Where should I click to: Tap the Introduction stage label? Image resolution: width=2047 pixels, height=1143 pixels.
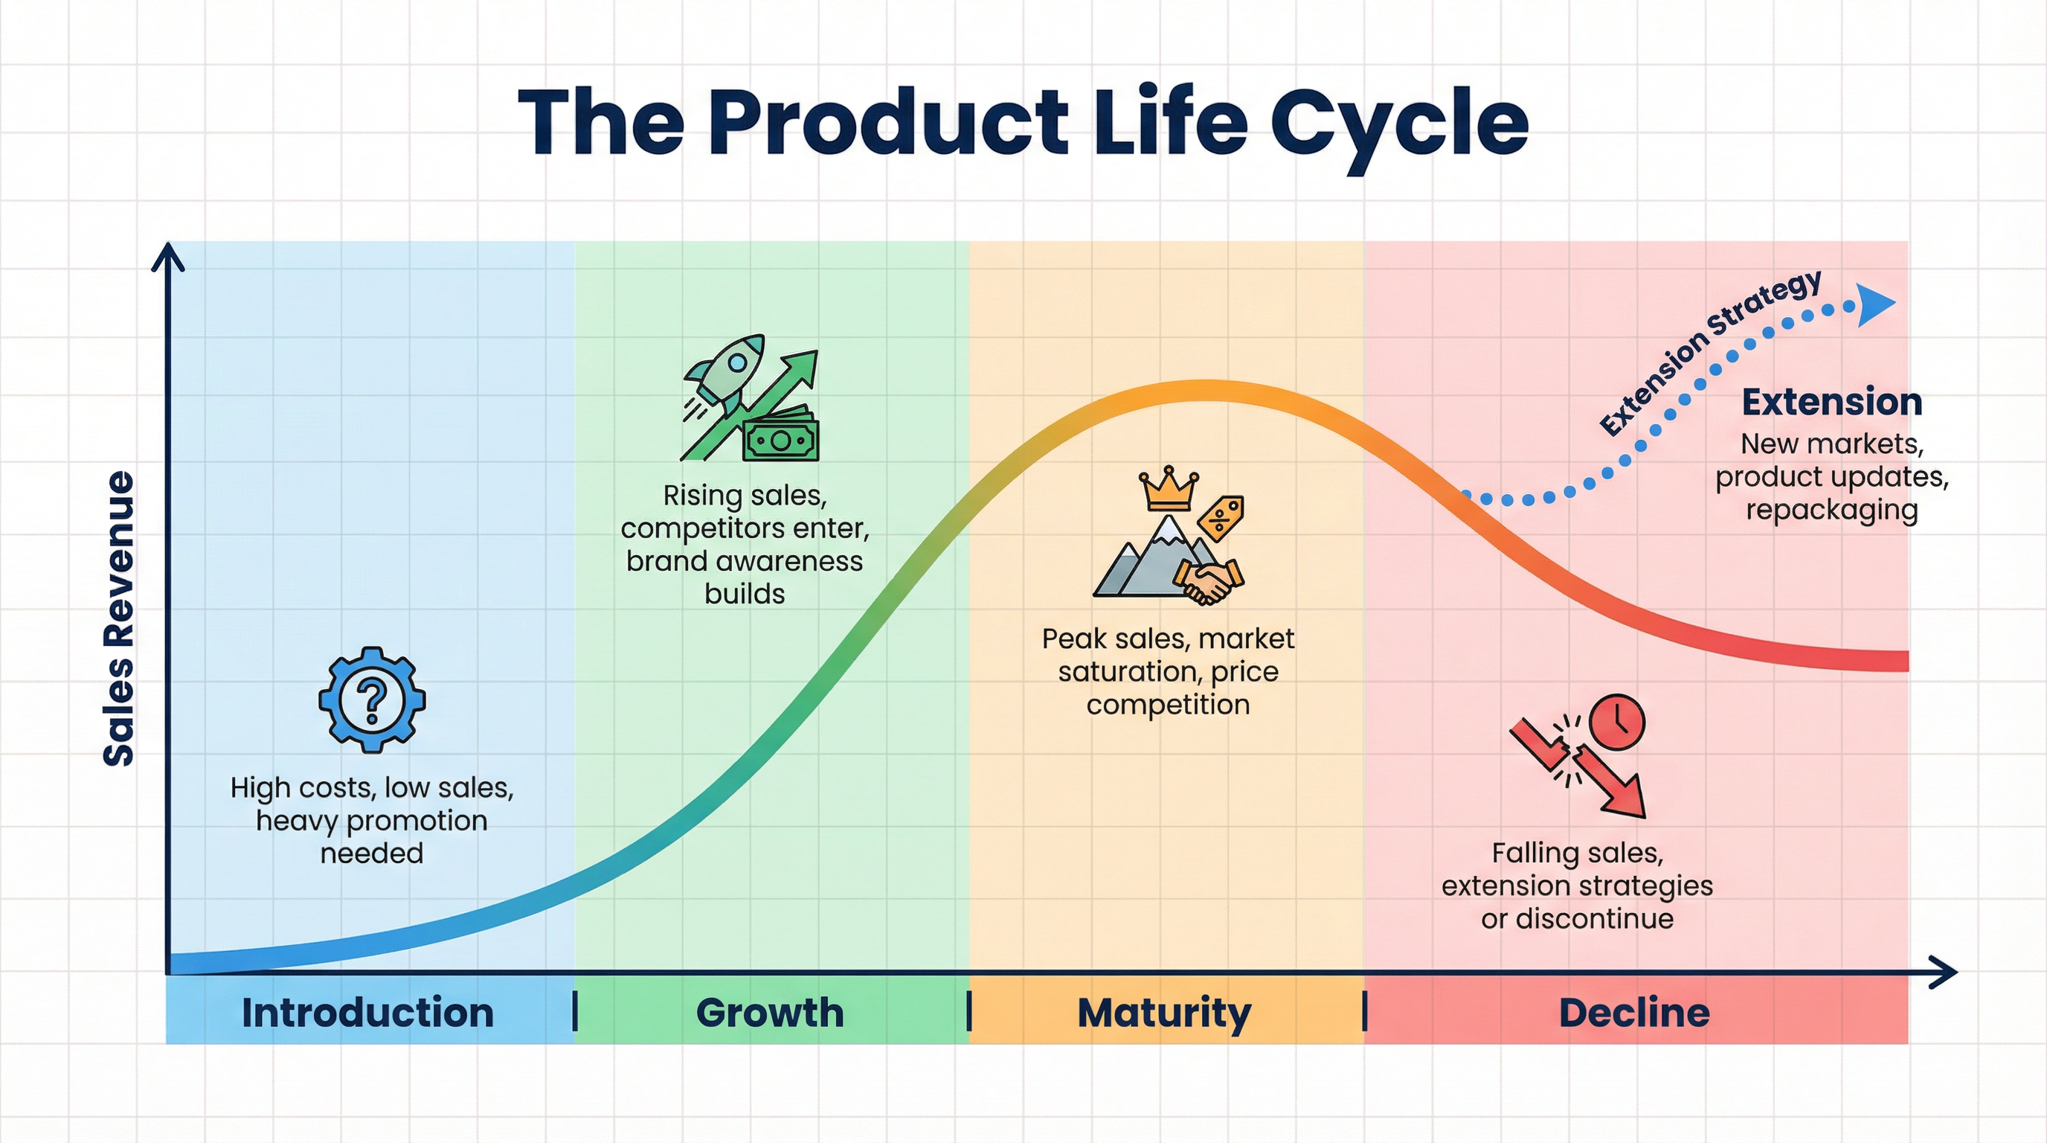coord(367,1012)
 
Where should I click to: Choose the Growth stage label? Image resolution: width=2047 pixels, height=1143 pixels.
coord(769,1012)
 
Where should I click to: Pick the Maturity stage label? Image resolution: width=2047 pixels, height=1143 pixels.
coord(1164,1012)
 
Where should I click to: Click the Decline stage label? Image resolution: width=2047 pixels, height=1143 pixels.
coord(1633,1012)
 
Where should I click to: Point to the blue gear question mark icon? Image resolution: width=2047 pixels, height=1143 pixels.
coord(372,699)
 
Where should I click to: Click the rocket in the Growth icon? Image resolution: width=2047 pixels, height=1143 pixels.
coord(727,374)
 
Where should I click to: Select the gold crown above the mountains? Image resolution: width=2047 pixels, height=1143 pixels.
coord(1168,488)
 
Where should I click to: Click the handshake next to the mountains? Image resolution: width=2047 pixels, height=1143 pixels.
coord(1209,580)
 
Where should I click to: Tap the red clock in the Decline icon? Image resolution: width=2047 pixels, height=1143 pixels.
coord(1617,722)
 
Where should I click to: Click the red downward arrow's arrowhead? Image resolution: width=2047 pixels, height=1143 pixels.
coord(1626,798)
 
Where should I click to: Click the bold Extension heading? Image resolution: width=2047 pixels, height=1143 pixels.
coord(1831,402)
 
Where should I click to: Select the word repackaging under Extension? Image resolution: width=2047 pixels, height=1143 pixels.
coord(1831,510)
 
